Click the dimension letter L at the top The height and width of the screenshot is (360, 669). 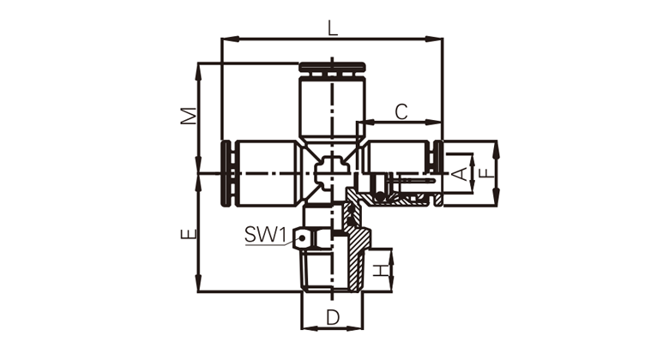pos(333,28)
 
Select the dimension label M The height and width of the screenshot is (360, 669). pos(189,116)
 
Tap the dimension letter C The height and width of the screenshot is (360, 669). pos(401,111)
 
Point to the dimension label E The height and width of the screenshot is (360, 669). pos(189,234)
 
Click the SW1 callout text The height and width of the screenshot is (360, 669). pos(265,234)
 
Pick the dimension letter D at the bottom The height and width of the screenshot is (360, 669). pos(333,317)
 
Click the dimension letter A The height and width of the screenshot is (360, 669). pos(460,174)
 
